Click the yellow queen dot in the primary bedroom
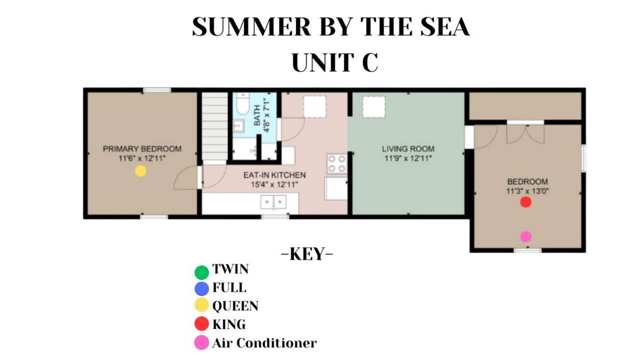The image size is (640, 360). (x=141, y=171)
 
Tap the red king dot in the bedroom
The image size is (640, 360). (x=526, y=202)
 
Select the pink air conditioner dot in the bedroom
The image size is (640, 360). (x=526, y=237)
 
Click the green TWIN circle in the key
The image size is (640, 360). (x=202, y=273)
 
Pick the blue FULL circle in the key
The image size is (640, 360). (x=202, y=289)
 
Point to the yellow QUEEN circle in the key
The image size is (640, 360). (x=202, y=305)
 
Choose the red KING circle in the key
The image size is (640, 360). (x=202, y=324)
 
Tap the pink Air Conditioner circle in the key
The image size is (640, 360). (x=202, y=342)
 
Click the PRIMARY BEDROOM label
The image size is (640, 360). (x=142, y=149)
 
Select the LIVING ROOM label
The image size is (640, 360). (x=408, y=149)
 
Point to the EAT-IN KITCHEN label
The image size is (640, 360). (x=275, y=175)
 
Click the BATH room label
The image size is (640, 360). (x=257, y=115)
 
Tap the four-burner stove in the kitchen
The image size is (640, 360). (x=337, y=164)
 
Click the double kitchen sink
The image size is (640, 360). (x=274, y=202)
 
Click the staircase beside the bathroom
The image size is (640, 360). (x=215, y=126)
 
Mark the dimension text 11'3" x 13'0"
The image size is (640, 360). (x=527, y=191)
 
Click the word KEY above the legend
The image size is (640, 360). (x=307, y=254)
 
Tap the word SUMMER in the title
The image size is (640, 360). (x=251, y=26)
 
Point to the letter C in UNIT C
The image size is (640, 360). (x=370, y=62)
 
